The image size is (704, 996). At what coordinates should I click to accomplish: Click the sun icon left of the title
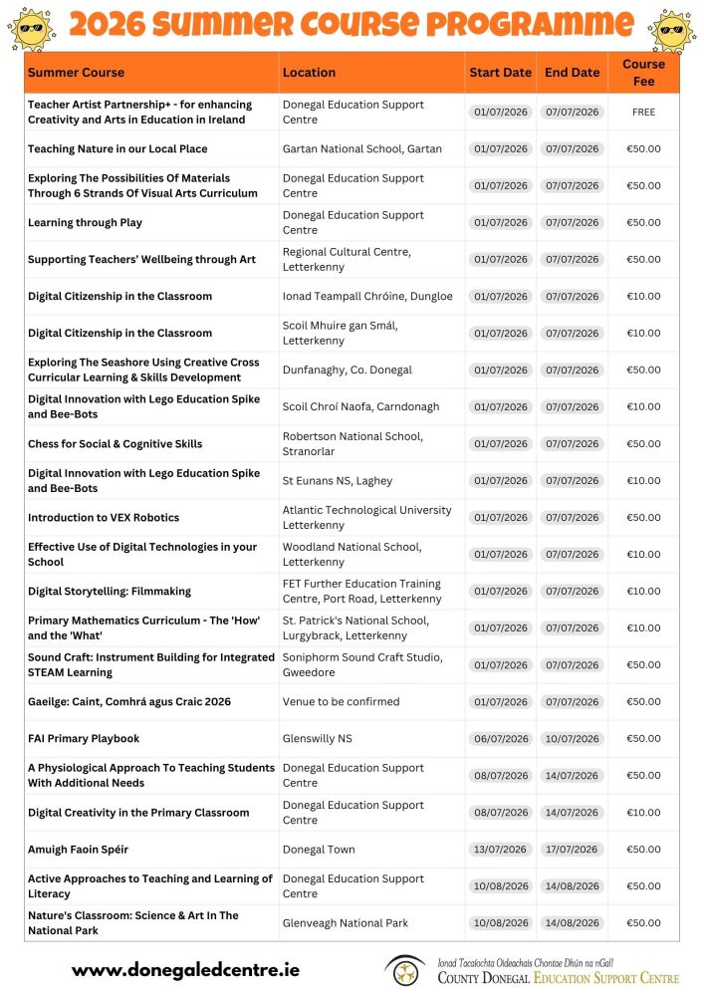[x=32, y=27]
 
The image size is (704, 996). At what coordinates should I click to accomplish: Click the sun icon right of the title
[x=671, y=27]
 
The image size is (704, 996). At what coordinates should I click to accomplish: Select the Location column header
[x=309, y=73]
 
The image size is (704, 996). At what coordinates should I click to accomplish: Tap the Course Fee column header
[x=643, y=73]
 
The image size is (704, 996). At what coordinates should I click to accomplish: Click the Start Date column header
[x=500, y=73]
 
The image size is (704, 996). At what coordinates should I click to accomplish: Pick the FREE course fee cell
[x=643, y=113]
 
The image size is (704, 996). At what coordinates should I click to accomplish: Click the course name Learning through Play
[x=85, y=223]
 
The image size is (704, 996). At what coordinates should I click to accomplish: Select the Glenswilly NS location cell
[x=317, y=739]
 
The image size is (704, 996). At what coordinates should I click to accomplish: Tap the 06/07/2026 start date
[x=500, y=739]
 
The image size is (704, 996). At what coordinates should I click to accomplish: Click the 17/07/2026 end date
[x=572, y=850]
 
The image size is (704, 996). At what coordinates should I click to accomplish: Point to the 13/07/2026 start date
[x=500, y=850]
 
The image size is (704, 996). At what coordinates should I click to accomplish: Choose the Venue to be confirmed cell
[x=341, y=702]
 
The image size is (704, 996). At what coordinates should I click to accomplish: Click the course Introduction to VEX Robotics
[x=104, y=518]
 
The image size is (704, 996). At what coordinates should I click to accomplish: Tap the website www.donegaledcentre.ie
[x=185, y=969]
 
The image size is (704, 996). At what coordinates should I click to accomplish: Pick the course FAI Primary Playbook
[x=84, y=739]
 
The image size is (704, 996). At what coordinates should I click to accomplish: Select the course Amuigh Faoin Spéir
[x=78, y=850]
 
